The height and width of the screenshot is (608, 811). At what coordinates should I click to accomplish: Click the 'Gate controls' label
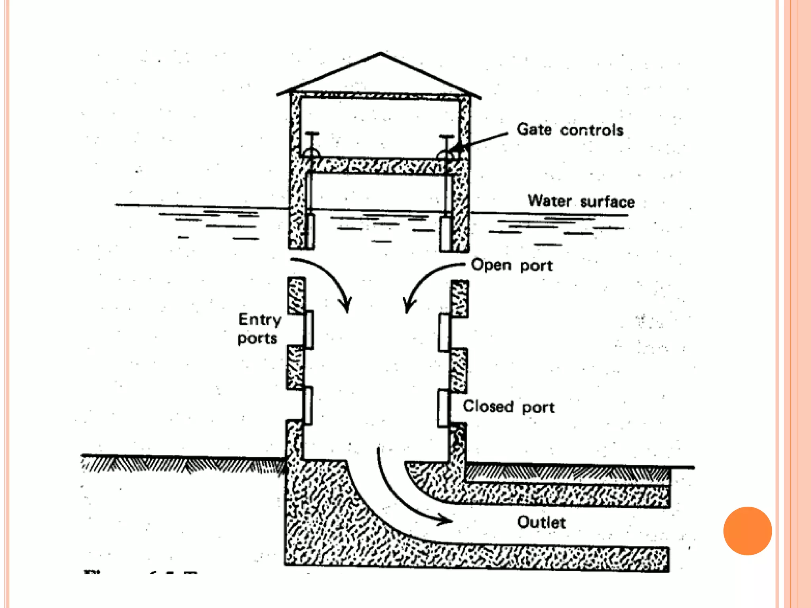[x=569, y=130]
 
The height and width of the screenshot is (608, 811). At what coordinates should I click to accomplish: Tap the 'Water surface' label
[x=581, y=201]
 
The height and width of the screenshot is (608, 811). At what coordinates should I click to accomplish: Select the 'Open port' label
[x=512, y=265]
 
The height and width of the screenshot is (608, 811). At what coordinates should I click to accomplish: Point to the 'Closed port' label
[x=509, y=407]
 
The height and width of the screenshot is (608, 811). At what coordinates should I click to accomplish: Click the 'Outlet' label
[x=541, y=522]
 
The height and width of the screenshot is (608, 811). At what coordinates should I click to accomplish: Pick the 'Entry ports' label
[x=259, y=329]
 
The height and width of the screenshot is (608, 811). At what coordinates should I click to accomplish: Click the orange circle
[x=747, y=531]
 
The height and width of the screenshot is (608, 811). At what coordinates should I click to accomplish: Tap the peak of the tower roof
[x=381, y=53]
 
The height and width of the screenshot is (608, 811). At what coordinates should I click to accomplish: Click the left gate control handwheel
[x=312, y=152]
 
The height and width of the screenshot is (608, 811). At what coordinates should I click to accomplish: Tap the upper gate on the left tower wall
[x=308, y=329]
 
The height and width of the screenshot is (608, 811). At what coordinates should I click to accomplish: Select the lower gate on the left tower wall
[x=308, y=405]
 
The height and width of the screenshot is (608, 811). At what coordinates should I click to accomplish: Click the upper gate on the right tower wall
[x=444, y=332]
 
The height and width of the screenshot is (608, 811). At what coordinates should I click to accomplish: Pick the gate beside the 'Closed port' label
[x=443, y=408]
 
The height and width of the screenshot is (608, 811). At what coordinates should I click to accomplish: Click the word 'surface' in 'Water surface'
[x=607, y=202]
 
